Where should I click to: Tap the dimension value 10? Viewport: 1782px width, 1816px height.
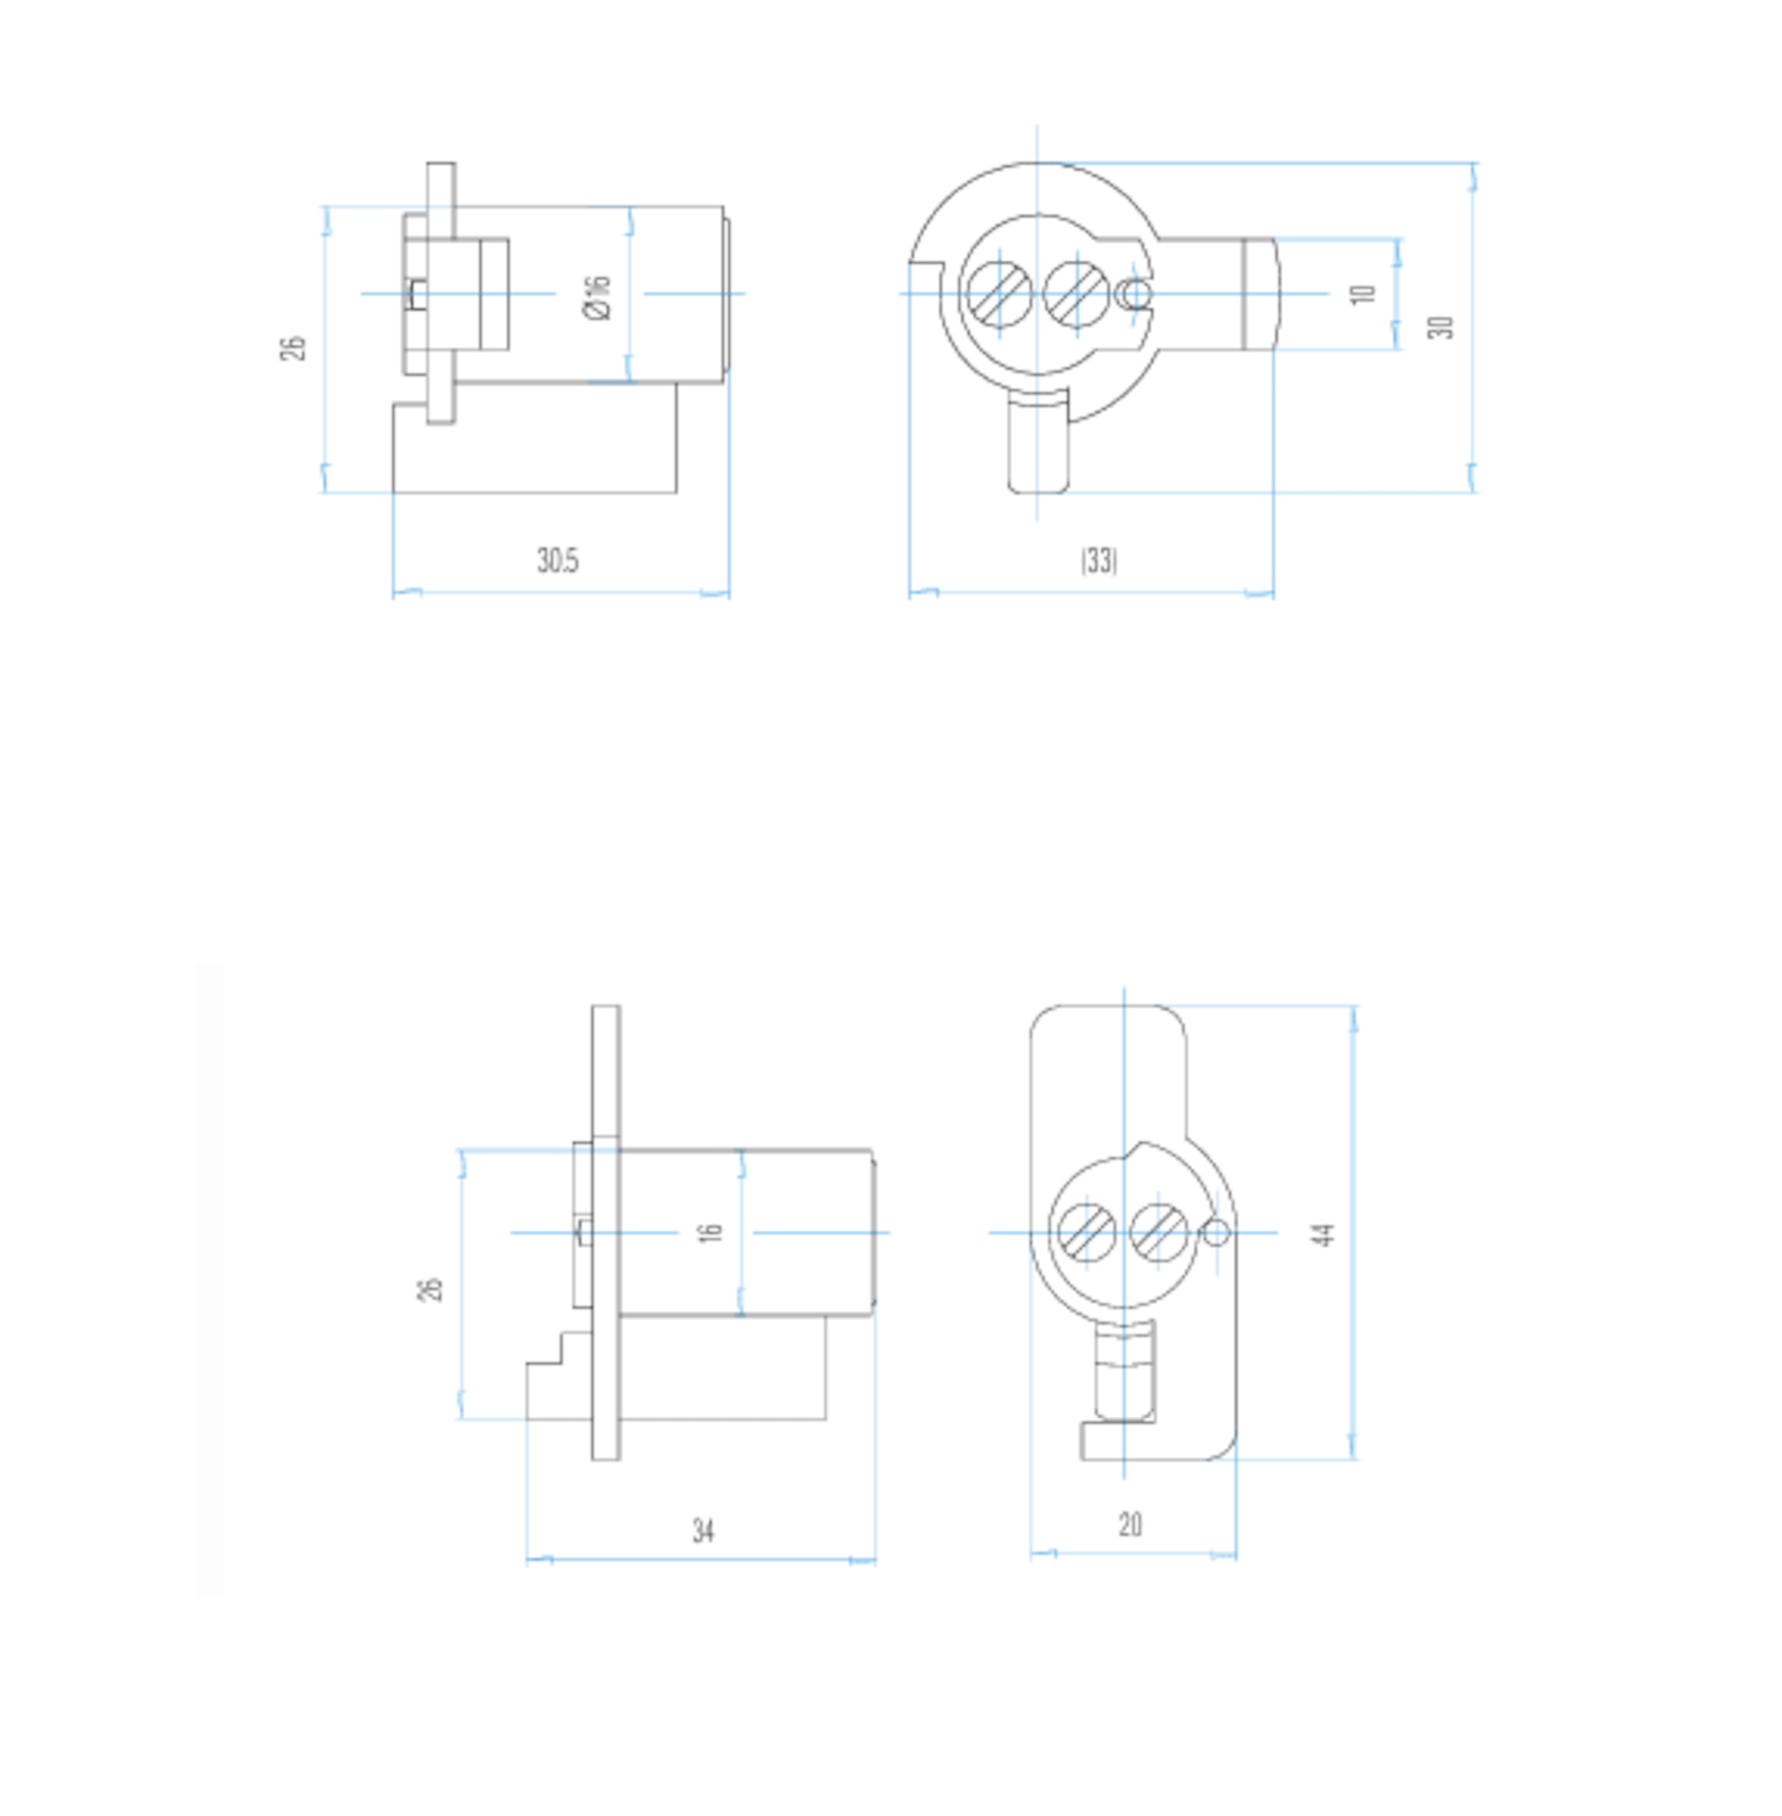click(1364, 294)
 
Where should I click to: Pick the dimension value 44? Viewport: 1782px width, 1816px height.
click(1323, 1234)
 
